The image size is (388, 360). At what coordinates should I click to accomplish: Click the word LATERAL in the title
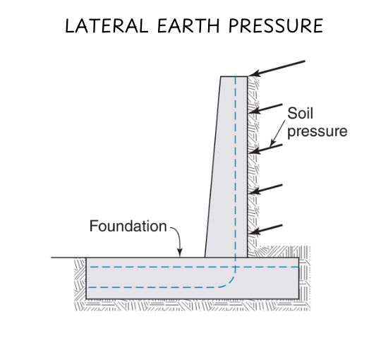(x=107, y=25)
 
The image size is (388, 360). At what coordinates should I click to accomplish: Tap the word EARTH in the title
(x=188, y=25)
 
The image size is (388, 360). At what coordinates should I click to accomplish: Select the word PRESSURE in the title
(x=276, y=25)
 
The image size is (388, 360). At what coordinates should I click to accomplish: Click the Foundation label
(x=128, y=226)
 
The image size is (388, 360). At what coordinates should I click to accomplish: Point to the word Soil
(x=300, y=113)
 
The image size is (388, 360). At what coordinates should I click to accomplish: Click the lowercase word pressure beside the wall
(x=317, y=131)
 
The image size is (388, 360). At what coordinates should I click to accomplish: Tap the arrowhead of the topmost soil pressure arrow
(x=254, y=73)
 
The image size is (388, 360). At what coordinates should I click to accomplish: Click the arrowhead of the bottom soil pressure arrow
(x=254, y=232)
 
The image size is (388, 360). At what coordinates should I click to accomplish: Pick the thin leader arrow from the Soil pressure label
(x=278, y=133)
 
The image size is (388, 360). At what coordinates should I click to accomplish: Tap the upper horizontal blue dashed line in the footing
(x=194, y=267)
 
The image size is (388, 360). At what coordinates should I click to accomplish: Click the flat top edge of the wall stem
(x=234, y=76)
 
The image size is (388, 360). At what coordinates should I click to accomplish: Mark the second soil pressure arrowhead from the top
(x=255, y=110)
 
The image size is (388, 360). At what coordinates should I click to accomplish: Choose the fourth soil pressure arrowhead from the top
(x=254, y=191)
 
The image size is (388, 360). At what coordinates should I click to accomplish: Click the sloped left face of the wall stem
(x=212, y=167)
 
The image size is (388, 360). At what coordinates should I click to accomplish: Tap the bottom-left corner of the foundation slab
(x=86, y=299)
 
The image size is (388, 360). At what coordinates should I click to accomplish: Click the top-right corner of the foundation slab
(x=298, y=258)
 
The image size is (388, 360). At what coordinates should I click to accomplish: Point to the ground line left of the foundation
(x=68, y=258)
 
